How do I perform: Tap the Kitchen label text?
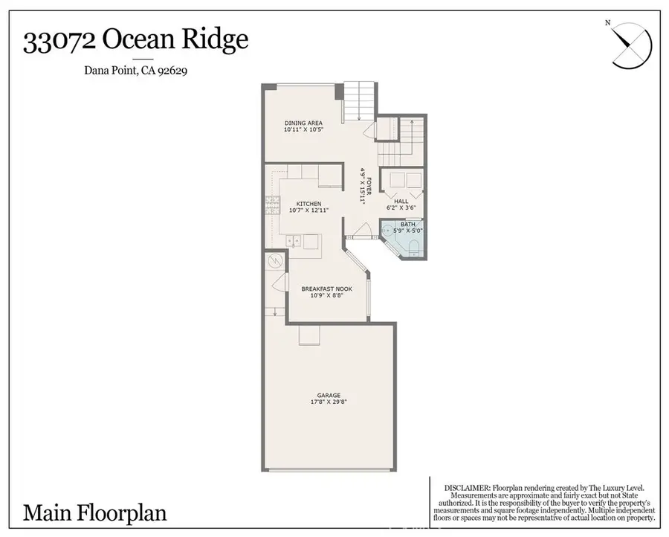308,204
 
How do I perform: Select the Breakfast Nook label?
326,289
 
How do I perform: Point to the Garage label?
329,395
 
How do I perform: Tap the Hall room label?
401,201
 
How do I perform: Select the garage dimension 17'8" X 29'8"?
329,402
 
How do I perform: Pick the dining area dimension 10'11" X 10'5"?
304,129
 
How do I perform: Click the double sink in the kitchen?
294,240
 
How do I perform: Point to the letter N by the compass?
607,23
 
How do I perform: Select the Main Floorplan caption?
95,512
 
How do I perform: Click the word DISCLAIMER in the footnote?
467,487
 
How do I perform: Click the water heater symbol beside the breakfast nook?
274,262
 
